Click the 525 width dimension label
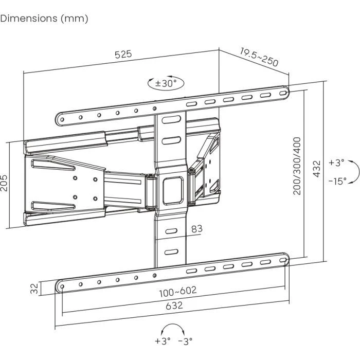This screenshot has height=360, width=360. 123,53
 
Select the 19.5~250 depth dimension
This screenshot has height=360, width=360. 259,57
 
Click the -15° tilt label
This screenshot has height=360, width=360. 337,181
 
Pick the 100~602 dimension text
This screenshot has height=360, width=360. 177,291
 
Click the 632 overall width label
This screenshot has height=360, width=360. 174,305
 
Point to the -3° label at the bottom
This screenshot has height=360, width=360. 185,340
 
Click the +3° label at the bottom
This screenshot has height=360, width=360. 161,340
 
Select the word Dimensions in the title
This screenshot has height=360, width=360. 29,18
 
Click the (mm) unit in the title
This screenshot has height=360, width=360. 75,18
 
